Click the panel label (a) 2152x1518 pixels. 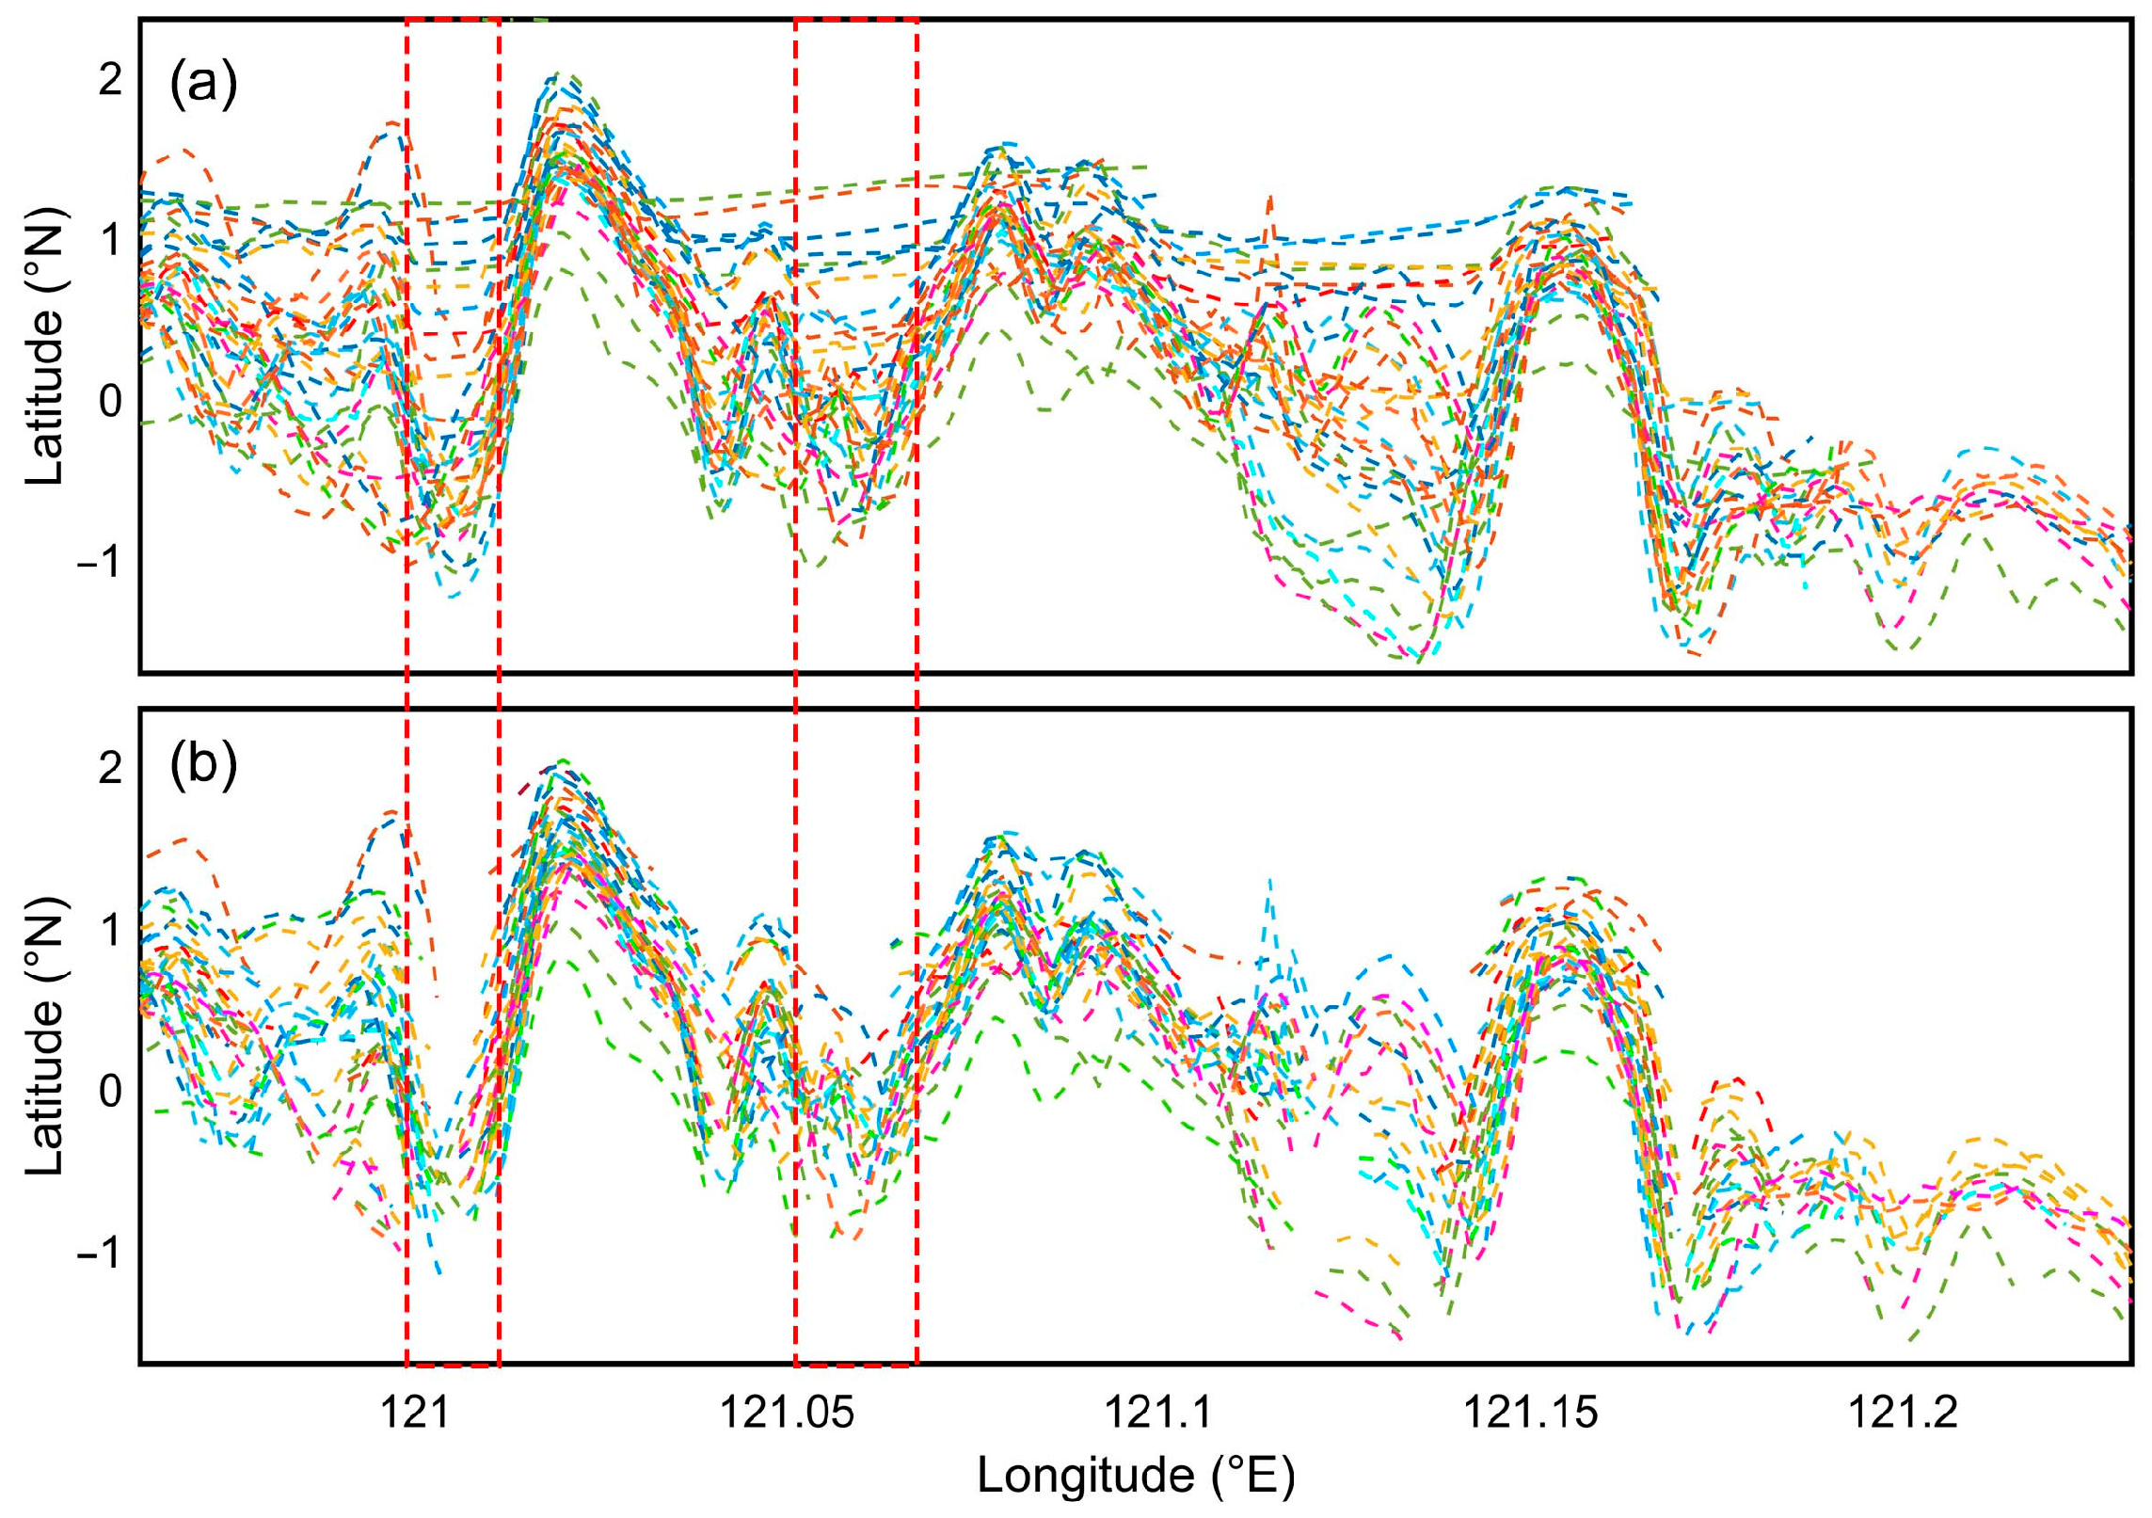click(203, 85)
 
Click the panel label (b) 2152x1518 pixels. click(203, 765)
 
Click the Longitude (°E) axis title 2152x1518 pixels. click(1136, 1475)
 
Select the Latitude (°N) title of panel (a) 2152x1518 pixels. click(45, 346)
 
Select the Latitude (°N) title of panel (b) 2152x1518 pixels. click(45, 1035)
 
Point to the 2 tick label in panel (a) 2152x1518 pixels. click(110, 80)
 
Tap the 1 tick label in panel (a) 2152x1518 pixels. click(110, 241)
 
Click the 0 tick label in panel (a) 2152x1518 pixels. click(110, 402)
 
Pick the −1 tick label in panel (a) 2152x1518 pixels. click(99, 563)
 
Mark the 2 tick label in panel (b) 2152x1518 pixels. click(110, 769)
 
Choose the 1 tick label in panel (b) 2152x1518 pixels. click(110, 930)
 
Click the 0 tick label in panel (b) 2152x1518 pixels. click(110, 1091)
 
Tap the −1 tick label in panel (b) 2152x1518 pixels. click(99, 1252)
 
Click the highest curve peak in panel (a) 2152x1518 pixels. click(561, 73)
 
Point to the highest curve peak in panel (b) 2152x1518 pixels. click(563, 760)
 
